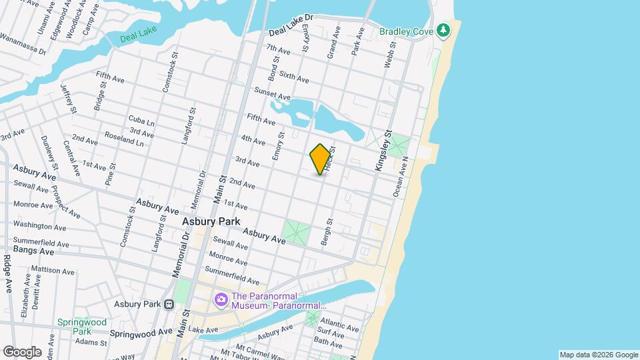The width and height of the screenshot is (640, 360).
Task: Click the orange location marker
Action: pyautogui.click(x=321, y=159)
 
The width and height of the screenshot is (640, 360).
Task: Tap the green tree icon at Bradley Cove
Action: pyautogui.click(x=443, y=31)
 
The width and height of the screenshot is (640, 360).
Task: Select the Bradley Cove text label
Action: pyautogui.click(x=406, y=31)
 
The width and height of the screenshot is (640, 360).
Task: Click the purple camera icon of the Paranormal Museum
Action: pyautogui.click(x=221, y=301)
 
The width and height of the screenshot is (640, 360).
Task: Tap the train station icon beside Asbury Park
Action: pyautogui.click(x=169, y=304)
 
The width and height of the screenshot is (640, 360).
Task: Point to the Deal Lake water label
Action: pyautogui.click(x=137, y=38)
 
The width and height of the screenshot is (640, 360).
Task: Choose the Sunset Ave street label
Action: pyautogui.click(x=273, y=93)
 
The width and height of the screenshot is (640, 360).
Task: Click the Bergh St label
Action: pyautogui.click(x=326, y=231)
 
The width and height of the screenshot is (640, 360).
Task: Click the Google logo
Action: pyautogui.click(x=22, y=351)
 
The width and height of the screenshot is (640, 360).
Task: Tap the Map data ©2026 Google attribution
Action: pyautogui.click(x=598, y=355)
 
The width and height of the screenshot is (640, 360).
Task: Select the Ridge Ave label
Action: pyautogui.click(x=7, y=273)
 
